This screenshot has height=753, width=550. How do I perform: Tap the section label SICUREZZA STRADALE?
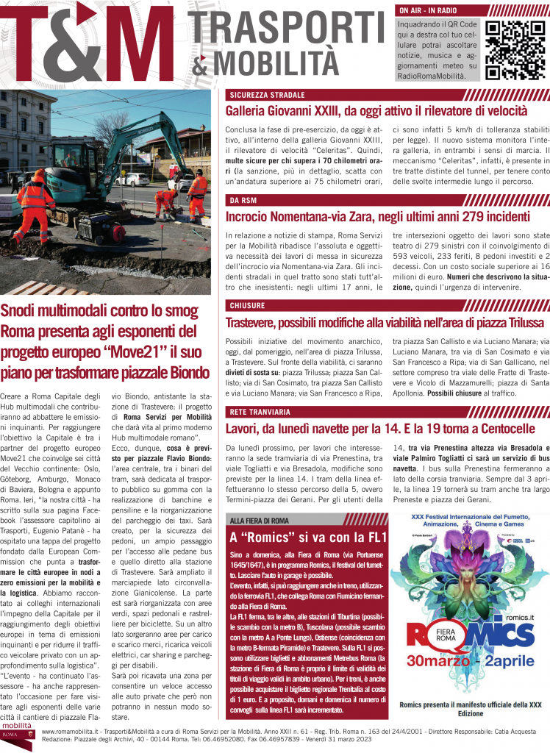point(266,95)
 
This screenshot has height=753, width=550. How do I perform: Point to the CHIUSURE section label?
point(249,305)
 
